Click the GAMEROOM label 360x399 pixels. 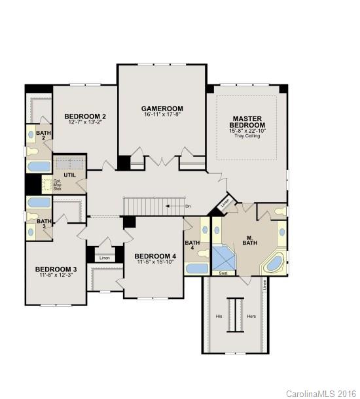pos(162,108)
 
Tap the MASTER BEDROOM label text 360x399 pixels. pos(247,122)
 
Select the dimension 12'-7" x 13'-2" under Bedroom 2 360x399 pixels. pos(86,122)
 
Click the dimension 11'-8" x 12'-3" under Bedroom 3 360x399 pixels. pos(56,275)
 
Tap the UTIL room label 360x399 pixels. pos(69,175)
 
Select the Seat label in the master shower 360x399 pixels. pos(223,273)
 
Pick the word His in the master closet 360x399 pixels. pos(219,316)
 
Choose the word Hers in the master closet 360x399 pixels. pos(251,316)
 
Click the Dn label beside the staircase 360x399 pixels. pos(188,206)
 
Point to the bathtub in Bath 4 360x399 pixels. pos(196,268)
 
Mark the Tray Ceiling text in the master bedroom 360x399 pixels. pos(247,137)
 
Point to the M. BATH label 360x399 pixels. pos(249,240)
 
